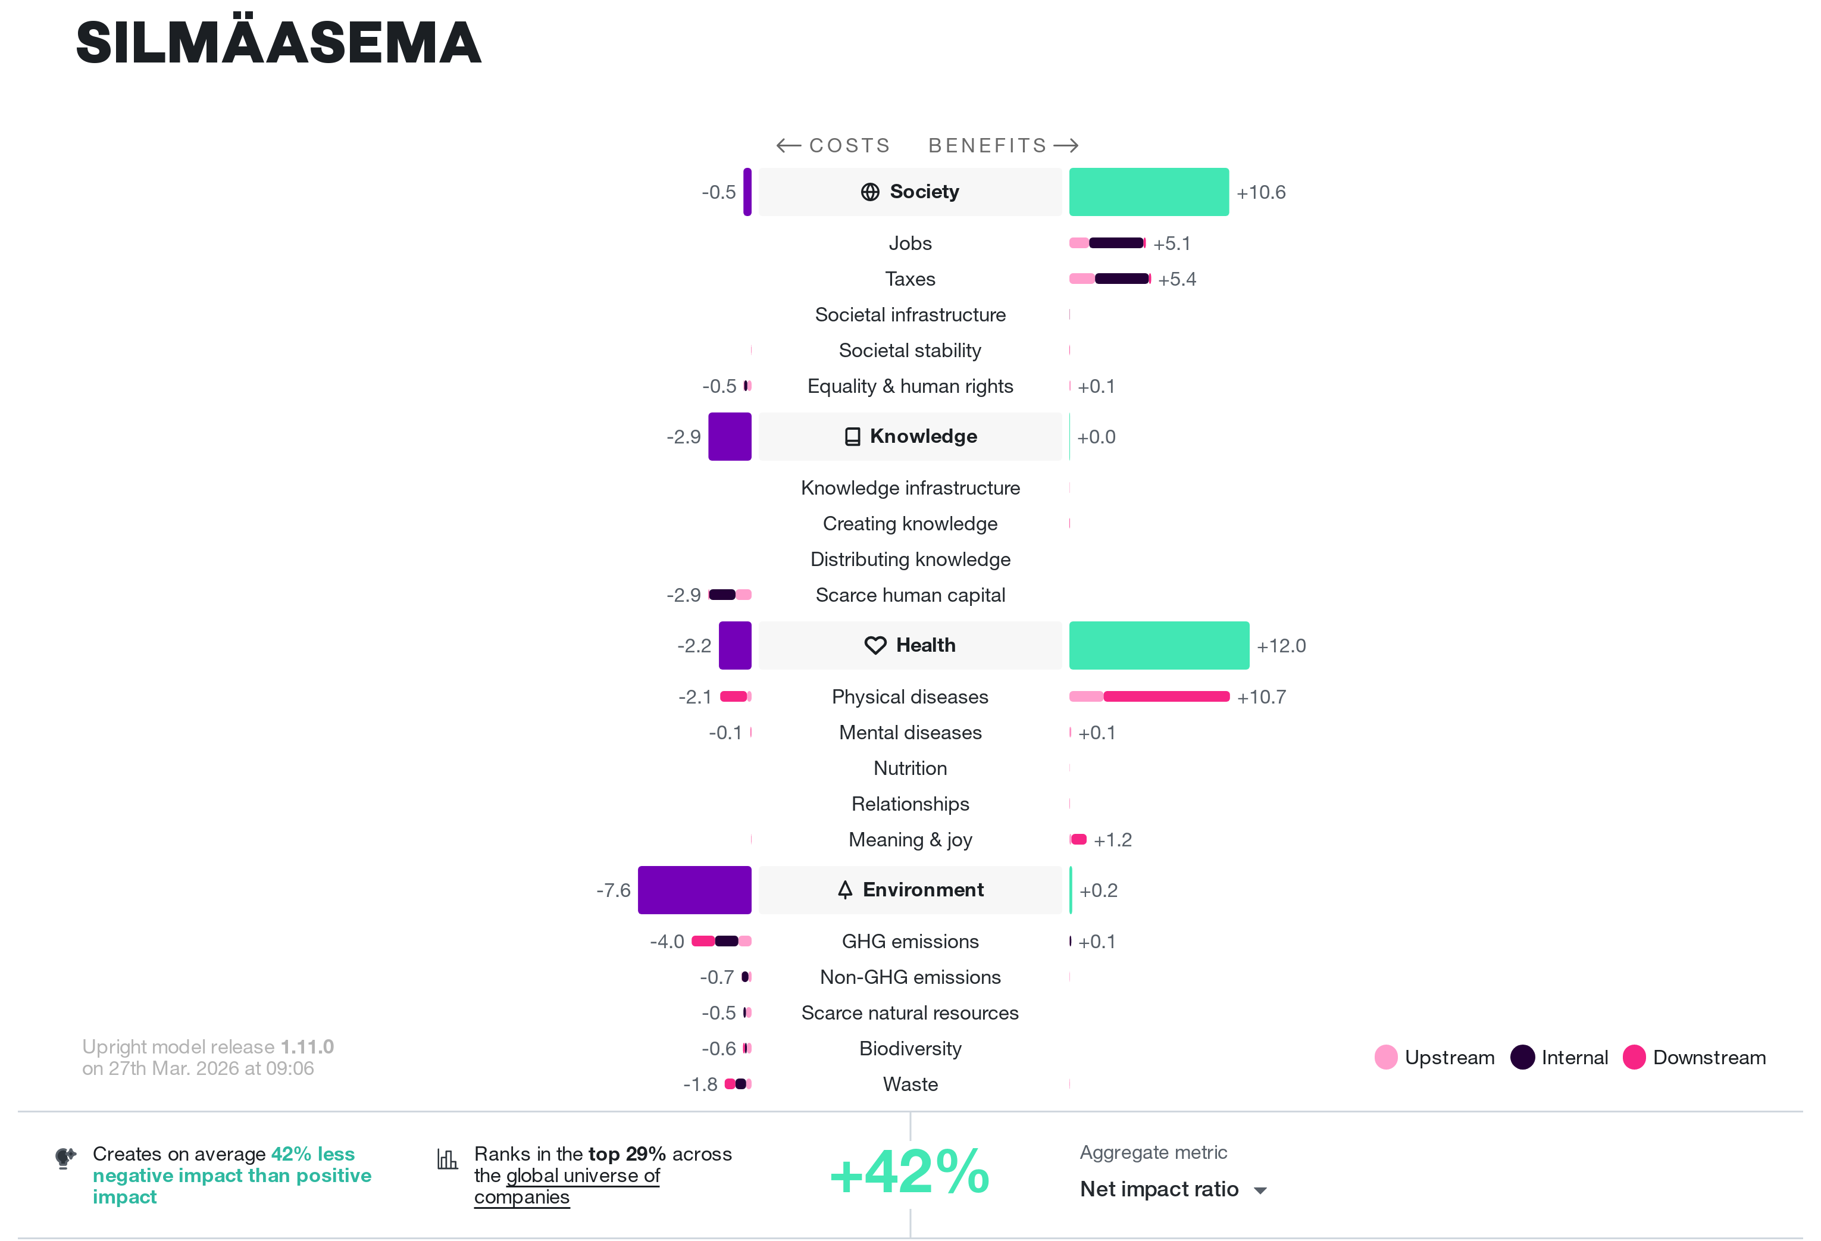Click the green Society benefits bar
click(1149, 192)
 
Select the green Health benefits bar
click(1159, 646)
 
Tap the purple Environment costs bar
click(694, 890)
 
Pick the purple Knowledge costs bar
click(730, 436)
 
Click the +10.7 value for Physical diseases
click(1262, 696)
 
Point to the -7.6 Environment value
click(614, 891)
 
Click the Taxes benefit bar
click(1109, 279)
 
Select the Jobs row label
click(910, 243)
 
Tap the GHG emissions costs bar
click(721, 941)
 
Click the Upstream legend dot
click(1386, 1057)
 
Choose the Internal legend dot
click(1522, 1057)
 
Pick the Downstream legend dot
click(1634, 1057)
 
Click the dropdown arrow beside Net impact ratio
click(1260, 1191)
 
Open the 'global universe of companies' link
click(567, 1186)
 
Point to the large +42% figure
click(910, 1173)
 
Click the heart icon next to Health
click(875, 646)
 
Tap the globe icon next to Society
click(870, 192)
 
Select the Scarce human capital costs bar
click(730, 595)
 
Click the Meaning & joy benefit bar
click(1078, 839)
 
